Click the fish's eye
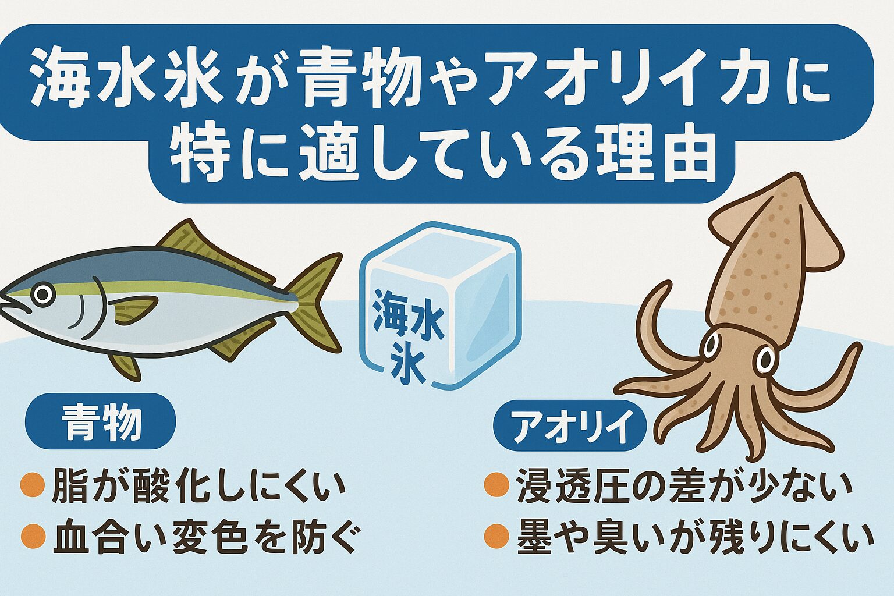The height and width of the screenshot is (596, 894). pyautogui.click(x=42, y=295)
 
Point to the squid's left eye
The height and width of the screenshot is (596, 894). pyautogui.click(x=711, y=346)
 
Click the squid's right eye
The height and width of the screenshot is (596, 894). pyautogui.click(x=765, y=360)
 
